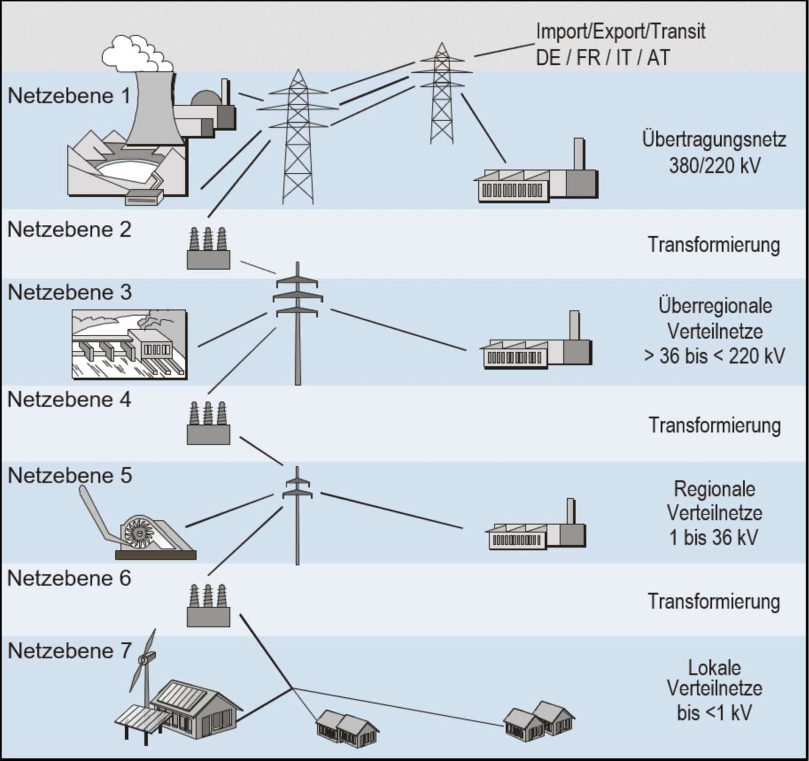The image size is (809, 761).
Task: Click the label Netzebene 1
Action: pyautogui.click(x=68, y=96)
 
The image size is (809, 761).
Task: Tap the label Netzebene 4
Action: pyautogui.click(x=69, y=400)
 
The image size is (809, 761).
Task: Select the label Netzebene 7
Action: pyautogui.click(x=69, y=651)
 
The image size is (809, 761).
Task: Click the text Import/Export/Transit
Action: pyautogui.click(x=620, y=32)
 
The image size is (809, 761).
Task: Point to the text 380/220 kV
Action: pyautogui.click(x=714, y=165)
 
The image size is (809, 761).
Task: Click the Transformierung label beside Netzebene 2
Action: pyautogui.click(x=713, y=245)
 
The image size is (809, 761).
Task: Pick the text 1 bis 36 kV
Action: pyautogui.click(x=714, y=537)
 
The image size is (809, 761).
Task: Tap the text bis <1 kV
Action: pyautogui.click(x=714, y=713)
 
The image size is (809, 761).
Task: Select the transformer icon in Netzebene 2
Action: pyautogui.click(x=208, y=249)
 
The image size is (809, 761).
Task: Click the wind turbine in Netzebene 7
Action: pyautogui.click(x=145, y=664)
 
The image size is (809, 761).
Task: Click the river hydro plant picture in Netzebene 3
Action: pyautogui.click(x=129, y=344)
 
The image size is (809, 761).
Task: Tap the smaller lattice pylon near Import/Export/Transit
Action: pyautogui.click(x=441, y=95)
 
